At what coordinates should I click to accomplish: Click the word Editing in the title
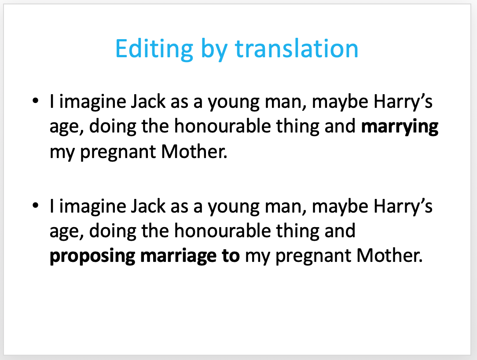tap(154, 49)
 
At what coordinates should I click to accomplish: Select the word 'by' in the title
tap(214, 50)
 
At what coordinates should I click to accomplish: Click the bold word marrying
tap(400, 127)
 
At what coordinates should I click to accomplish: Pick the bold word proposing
tap(92, 256)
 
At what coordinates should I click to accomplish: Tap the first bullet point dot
tap(36, 100)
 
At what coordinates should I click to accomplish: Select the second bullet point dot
tap(36, 206)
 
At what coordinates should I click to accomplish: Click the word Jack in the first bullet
tap(148, 101)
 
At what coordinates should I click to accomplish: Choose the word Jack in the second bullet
tap(148, 206)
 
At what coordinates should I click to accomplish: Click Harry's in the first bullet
tap(403, 102)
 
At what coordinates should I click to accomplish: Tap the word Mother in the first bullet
tap(194, 151)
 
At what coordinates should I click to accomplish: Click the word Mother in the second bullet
tap(390, 256)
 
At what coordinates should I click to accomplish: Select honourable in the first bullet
tap(222, 126)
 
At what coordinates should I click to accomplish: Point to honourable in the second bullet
tap(222, 230)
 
